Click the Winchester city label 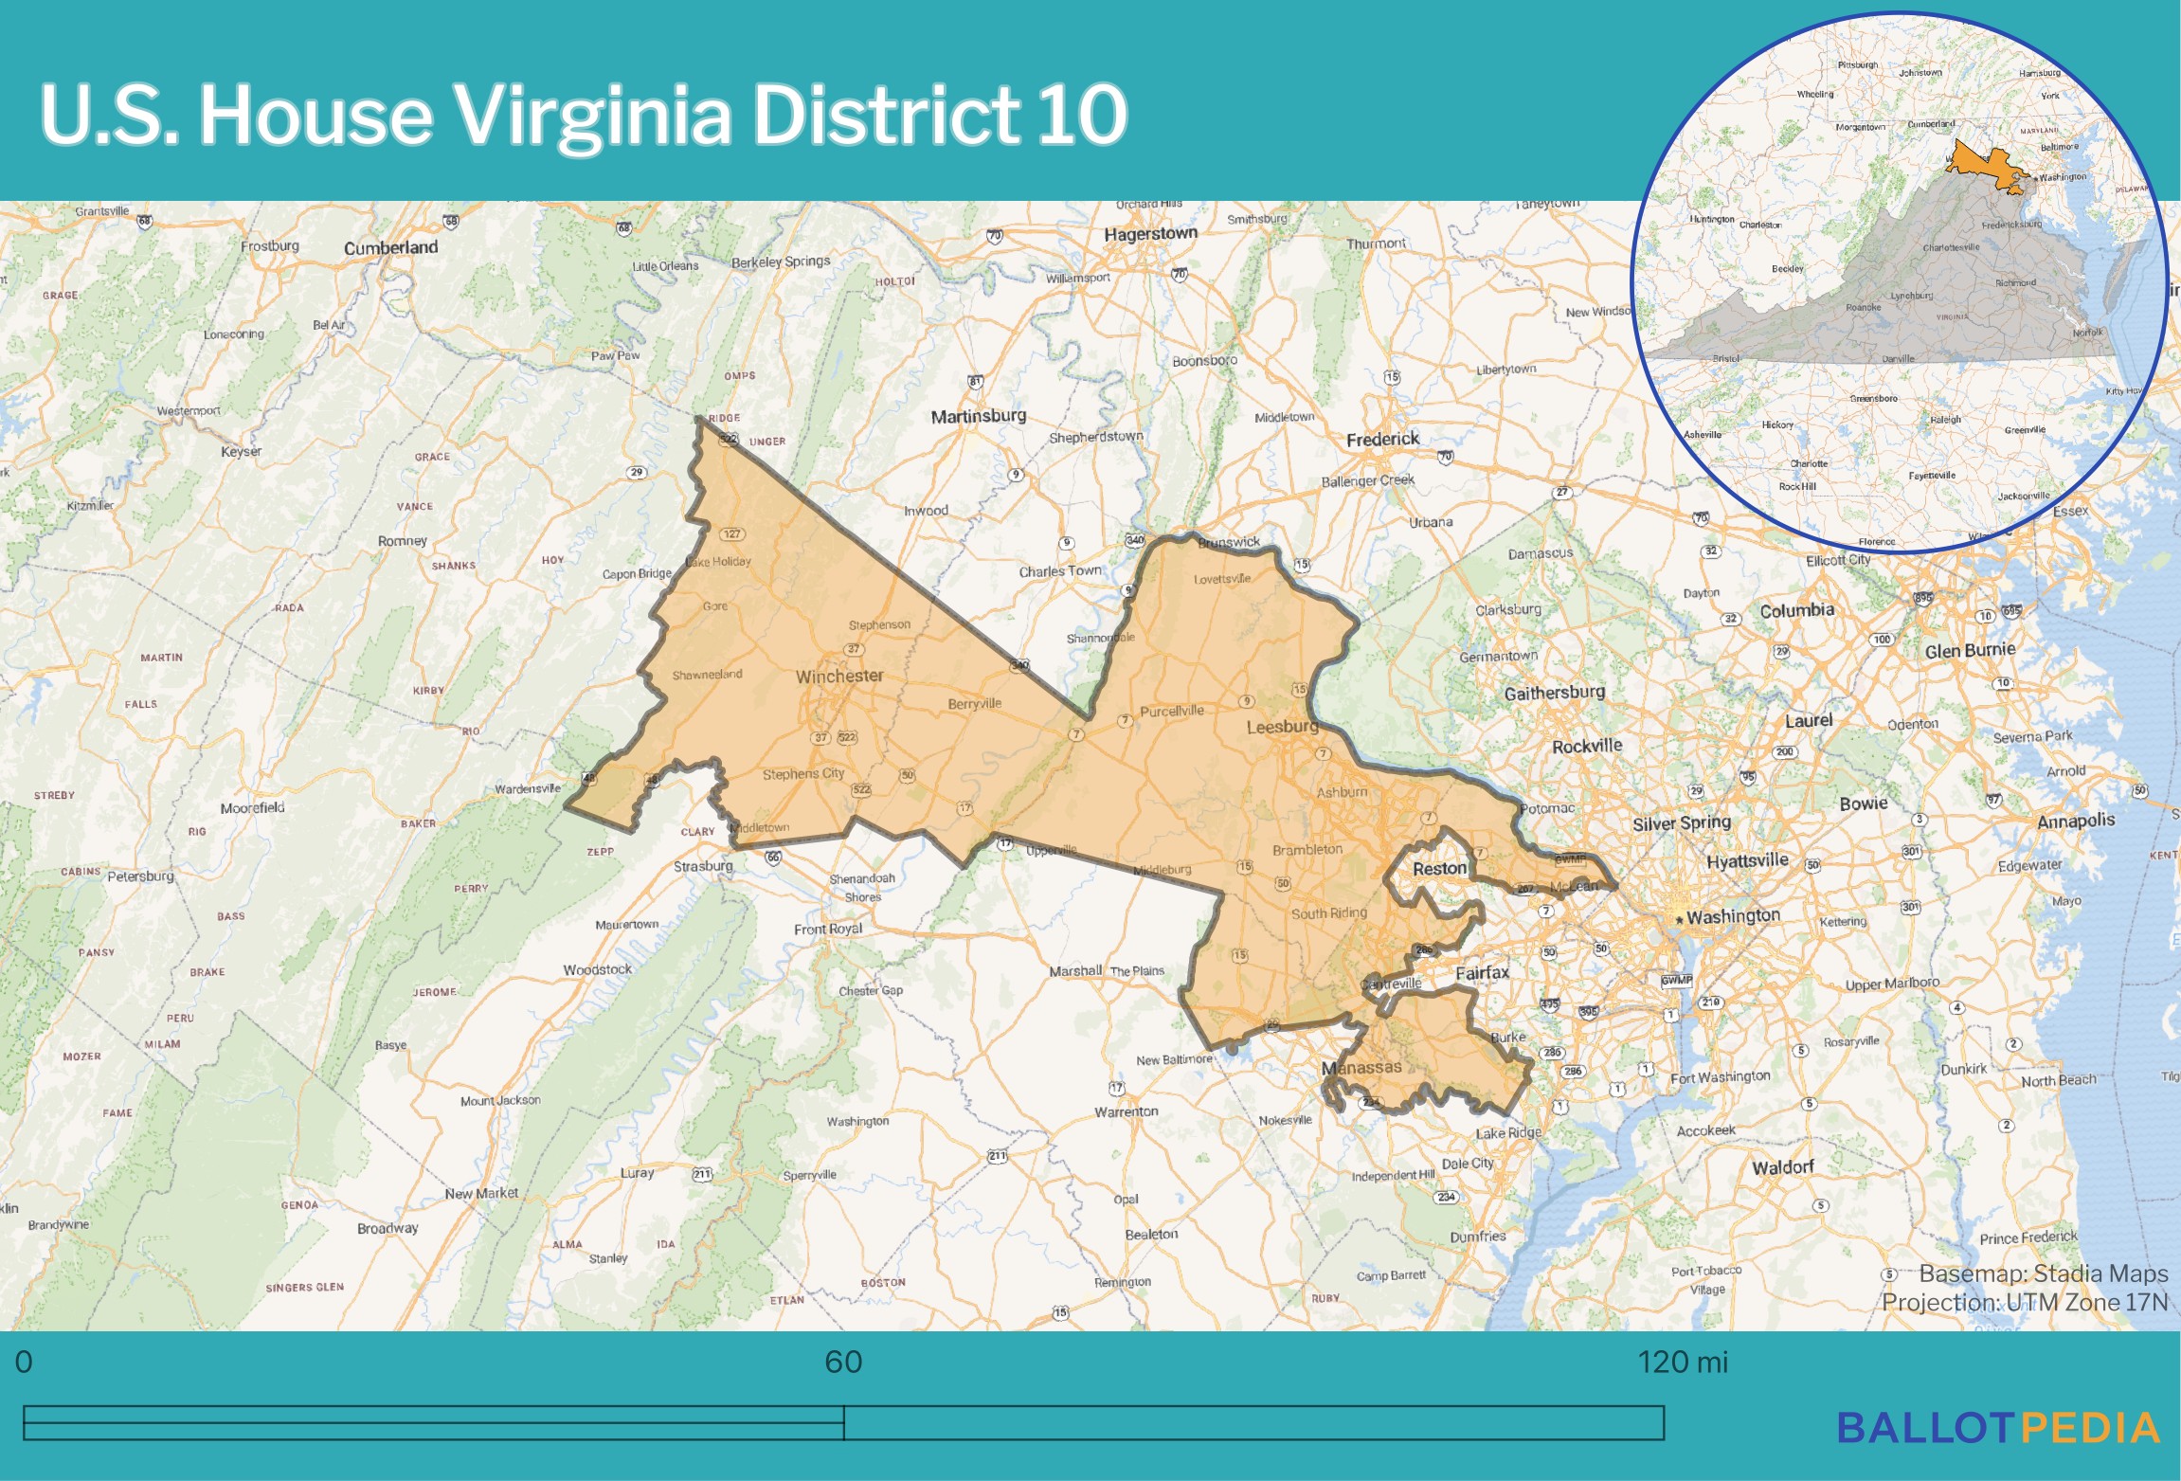click(x=838, y=677)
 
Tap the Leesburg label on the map click(x=1282, y=727)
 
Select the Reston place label click(x=1439, y=869)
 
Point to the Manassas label click(x=1361, y=1068)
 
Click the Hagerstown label click(x=1150, y=234)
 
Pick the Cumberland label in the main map click(x=390, y=248)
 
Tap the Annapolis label click(x=2075, y=821)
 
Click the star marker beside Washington click(x=1679, y=919)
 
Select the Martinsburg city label click(x=978, y=416)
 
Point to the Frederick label click(x=1382, y=440)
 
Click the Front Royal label click(x=827, y=929)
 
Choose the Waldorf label click(x=1782, y=1167)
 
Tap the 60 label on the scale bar click(x=843, y=1362)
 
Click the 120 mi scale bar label click(x=1683, y=1362)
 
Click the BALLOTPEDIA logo click(x=1997, y=1428)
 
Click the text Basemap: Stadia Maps click(x=2043, y=1273)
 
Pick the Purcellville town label click(x=1171, y=712)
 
